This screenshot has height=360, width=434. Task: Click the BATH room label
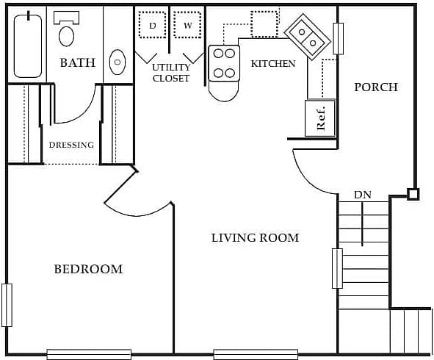point(77,63)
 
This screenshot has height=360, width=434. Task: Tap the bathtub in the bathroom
point(28,46)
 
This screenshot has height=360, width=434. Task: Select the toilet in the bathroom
point(67,31)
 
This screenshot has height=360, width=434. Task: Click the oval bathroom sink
point(117,62)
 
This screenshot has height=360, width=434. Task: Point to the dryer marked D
point(153,25)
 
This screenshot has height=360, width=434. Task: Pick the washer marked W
point(187,25)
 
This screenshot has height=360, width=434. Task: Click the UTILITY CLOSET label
point(171,73)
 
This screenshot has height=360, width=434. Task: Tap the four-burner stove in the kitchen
point(224,63)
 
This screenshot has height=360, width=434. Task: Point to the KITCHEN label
point(273,64)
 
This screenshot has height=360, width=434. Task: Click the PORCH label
point(376,87)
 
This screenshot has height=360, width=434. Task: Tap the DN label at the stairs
point(363,195)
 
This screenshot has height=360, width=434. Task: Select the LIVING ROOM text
point(255,238)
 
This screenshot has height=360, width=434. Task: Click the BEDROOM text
point(88,270)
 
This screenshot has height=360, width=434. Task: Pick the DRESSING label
point(71,145)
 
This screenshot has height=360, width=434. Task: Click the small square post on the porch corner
point(413,195)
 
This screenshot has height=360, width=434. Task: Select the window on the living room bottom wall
point(255,354)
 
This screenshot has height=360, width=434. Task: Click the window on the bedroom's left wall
point(7,305)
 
